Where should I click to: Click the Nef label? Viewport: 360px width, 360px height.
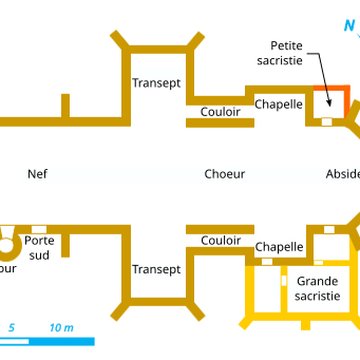coord(38,174)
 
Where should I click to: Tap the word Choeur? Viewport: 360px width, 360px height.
coord(224,174)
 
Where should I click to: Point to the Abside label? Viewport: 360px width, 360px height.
coord(342,174)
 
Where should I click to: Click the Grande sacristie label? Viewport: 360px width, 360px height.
coord(317,289)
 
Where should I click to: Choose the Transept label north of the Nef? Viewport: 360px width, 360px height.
coord(156,84)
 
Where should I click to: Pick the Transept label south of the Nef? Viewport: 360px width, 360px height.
coord(156,270)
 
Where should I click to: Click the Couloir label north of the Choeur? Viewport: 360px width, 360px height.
coord(220,112)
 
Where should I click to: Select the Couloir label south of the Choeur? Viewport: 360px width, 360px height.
coord(220,240)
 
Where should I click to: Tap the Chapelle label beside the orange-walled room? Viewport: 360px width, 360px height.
coord(279,103)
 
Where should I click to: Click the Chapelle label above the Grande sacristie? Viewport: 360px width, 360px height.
coord(280,247)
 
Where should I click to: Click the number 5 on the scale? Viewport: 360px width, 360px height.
coord(12,327)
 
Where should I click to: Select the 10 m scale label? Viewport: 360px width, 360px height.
coord(60,327)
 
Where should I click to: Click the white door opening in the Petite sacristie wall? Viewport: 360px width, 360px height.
coord(327,122)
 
